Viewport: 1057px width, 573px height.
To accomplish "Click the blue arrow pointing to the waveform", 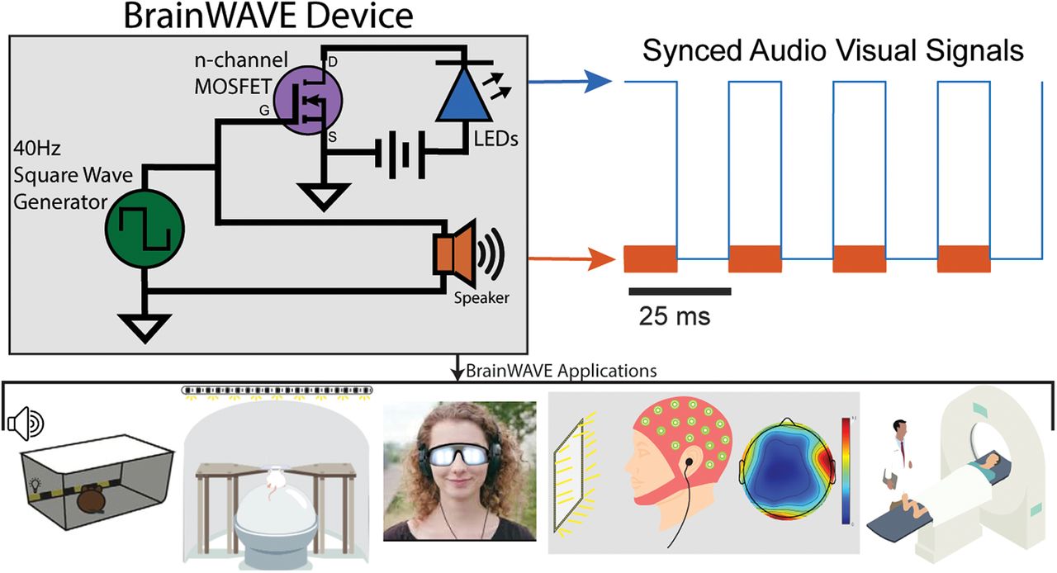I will coord(571,82).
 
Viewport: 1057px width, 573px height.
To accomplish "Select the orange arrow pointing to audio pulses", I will coord(571,260).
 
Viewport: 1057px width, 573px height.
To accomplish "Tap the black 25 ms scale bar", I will coord(680,291).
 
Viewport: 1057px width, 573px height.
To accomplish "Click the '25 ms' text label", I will coord(674,315).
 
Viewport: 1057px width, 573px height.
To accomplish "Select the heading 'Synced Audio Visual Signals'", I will coord(833,51).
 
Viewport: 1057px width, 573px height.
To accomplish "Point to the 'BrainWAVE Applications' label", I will coord(562,370).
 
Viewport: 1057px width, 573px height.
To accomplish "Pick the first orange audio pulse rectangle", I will coord(650,258).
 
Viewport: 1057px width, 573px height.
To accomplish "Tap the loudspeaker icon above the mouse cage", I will coord(26,424).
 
